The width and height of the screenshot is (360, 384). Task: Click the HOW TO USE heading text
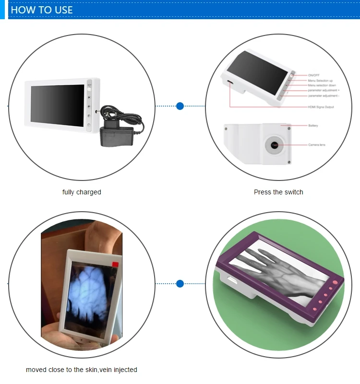pos(42,10)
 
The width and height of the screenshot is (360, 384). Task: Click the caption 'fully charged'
pos(82,192)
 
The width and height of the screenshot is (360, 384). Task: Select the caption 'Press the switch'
pos(278,192)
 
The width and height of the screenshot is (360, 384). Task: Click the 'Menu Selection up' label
pos(320,81)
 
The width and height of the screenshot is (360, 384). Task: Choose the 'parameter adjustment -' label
pos(324,96)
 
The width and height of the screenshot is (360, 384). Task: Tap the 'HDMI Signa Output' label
pos(321,107)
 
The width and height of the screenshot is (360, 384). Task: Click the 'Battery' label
pos(313,125)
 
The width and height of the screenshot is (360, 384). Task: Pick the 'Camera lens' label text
pos(317,144)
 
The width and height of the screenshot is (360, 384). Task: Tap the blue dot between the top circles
pos(180,106)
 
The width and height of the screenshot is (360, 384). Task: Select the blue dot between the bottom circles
pos(180,284)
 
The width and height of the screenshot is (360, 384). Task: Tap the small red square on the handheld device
pos(115,264)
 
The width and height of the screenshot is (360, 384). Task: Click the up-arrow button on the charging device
pos(89,96)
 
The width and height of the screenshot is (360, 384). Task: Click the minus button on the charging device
pos(89,126)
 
